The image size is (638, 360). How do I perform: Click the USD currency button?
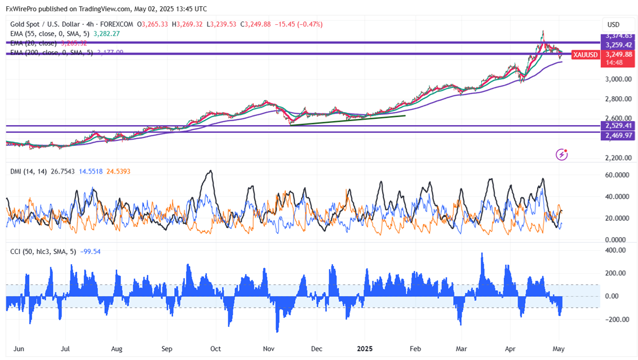tap(613, 25)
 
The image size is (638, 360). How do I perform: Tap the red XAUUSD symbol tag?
tap(584, 55)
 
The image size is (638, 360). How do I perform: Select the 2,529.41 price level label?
tap(618, 126)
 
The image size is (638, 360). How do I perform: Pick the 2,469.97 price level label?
tap(618, 136)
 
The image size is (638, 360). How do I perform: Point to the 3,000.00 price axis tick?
tap(618, 79)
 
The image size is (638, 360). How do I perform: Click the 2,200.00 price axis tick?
tap(618, 158)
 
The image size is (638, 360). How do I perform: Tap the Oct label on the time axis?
tap(215, 349)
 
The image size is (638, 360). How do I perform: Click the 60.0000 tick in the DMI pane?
tap(618, 175)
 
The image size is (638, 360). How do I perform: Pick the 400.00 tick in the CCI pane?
tap(615, 250)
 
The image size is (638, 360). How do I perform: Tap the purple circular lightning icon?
tap(561, 154)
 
